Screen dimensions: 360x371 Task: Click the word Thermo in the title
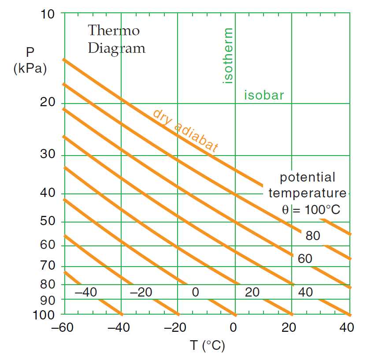(x=114, y=30)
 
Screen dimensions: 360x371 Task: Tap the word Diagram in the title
(x=116, y=48)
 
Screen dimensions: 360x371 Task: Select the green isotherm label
(x=228, y=56)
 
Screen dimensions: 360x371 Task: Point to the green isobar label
(x=264, y=95)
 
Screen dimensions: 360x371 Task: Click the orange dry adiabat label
(x=185, y=131)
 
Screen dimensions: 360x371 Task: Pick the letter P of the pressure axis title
(x=30, y=53)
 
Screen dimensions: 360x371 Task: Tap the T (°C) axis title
(x=208, y=345)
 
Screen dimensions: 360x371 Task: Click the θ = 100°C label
(x=311, y=210)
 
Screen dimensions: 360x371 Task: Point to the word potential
(x=308, y=178)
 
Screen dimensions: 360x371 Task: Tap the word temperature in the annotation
(x=308, y=193)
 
